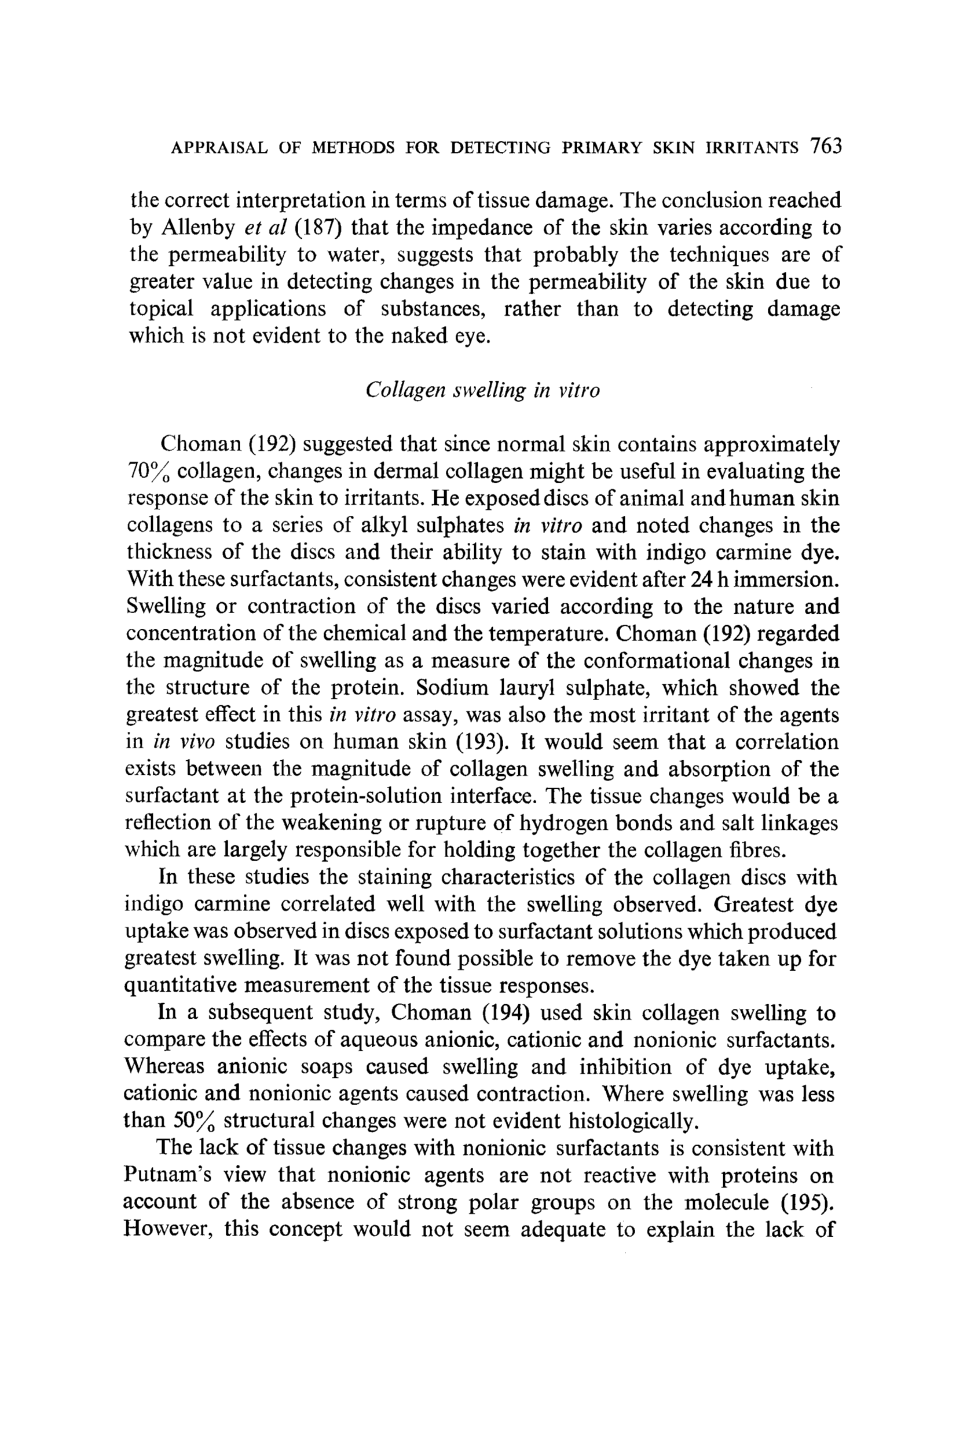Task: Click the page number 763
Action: pyautogui.click(x=826, y=146)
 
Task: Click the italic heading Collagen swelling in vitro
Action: pyautogui.click(x=482, y=391)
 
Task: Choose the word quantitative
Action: pyautogui.click(x=180, y=986)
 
